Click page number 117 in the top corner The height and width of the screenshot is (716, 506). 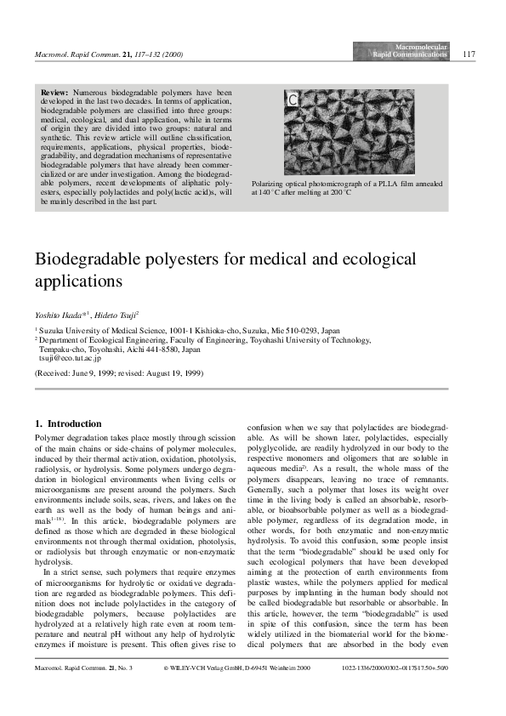[469, 54]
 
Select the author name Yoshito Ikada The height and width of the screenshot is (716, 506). [59, 314]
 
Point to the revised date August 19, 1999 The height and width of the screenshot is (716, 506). [173, 372]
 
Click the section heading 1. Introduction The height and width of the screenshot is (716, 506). [68, 423]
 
